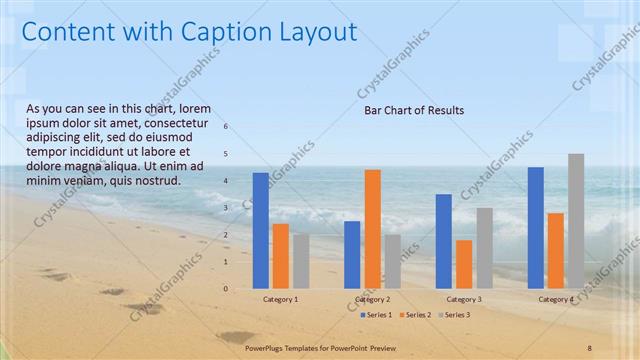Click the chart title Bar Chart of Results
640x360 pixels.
pyautogui.click(x=414, y=111)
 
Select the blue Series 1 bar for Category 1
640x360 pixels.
pyautogui.click(x=260, y=230)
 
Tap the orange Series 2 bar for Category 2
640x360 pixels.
pyautogui.click(x=372, y=228)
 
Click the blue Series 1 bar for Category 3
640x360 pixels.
pyautogui.click(x=443, y=240)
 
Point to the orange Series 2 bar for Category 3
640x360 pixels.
pyautogui.click(x=463, y=263)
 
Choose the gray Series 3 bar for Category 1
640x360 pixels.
pyautogui.click(x=301, y=261)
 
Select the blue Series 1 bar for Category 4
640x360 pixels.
pyautogui.click(x=536, y=227)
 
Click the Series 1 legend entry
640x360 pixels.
pyautogui.click(x=376, y=314)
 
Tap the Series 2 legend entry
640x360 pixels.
pyautogui.click(x=415, y=314)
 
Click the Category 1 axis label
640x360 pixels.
pyautogui.click(x=280, y=299)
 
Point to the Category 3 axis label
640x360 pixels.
pyautogui.click(x=463, y=299)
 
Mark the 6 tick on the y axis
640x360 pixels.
pyautogui.click(x=227, y=127)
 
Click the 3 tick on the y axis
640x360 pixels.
pyautogui.click(x=227, y=208)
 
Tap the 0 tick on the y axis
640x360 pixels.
pyautogui.click(x=227, y=289)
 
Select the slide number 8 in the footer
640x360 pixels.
pyautogui.click(x=590, y=345)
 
